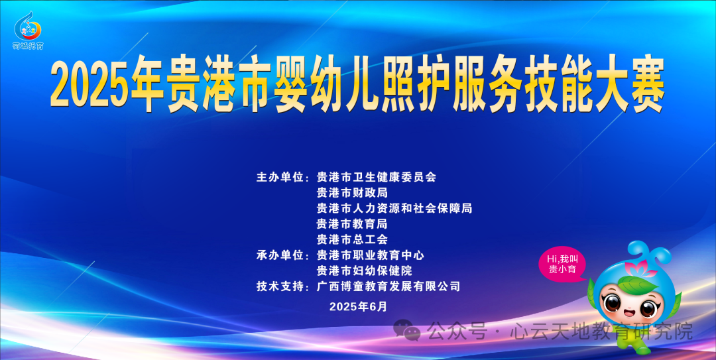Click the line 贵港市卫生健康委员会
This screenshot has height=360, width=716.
coord(377,177)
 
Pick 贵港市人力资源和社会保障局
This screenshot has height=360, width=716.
coord(394,208)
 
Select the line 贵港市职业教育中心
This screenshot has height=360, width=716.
coord(370,255)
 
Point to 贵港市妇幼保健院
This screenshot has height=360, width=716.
coord(364,270)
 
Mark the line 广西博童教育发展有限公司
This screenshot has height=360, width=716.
coord(388,286)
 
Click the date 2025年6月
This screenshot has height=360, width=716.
coord(357,306)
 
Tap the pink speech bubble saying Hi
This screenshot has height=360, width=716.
coord(563,264)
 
